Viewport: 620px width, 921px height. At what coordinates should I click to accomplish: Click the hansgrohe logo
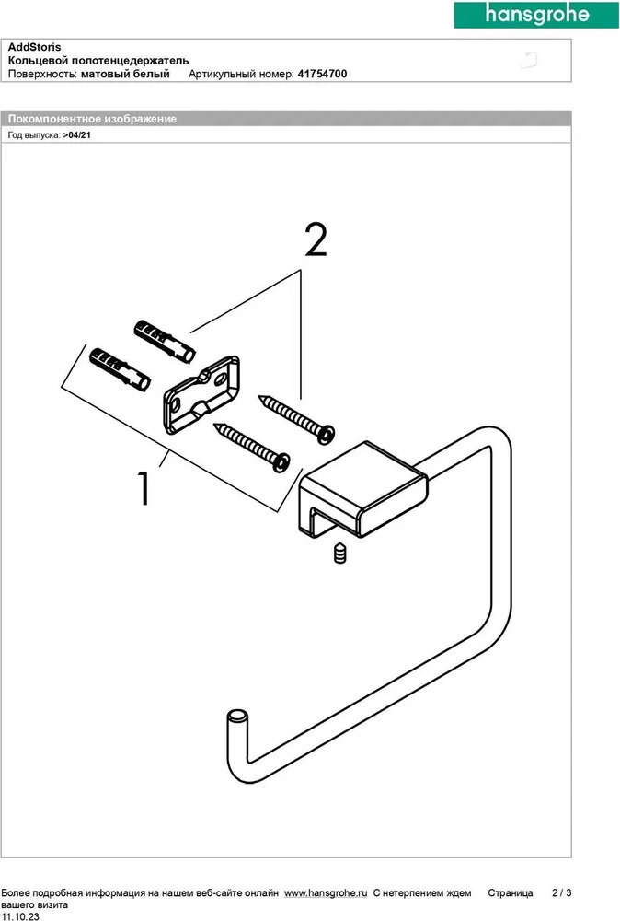[x=536, y=14]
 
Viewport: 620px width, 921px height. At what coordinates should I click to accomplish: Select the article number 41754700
[x=322, y=75]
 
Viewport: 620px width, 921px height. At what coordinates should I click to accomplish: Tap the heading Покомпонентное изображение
[x=92, y=119]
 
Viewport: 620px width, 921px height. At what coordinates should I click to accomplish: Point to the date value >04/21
[x=77, y=134]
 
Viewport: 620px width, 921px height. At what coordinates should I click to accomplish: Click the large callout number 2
[x=315, y=240]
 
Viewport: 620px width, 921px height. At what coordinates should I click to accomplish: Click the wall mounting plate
[x=201, y=394]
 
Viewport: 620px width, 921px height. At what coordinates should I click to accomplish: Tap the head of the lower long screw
[x=281, y=460]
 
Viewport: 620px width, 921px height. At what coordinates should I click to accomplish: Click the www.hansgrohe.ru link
[x=326, y=893]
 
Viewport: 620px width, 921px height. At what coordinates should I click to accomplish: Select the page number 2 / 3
[x=561, y=893]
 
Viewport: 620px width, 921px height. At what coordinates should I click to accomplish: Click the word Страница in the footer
[x=510, y=893]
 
